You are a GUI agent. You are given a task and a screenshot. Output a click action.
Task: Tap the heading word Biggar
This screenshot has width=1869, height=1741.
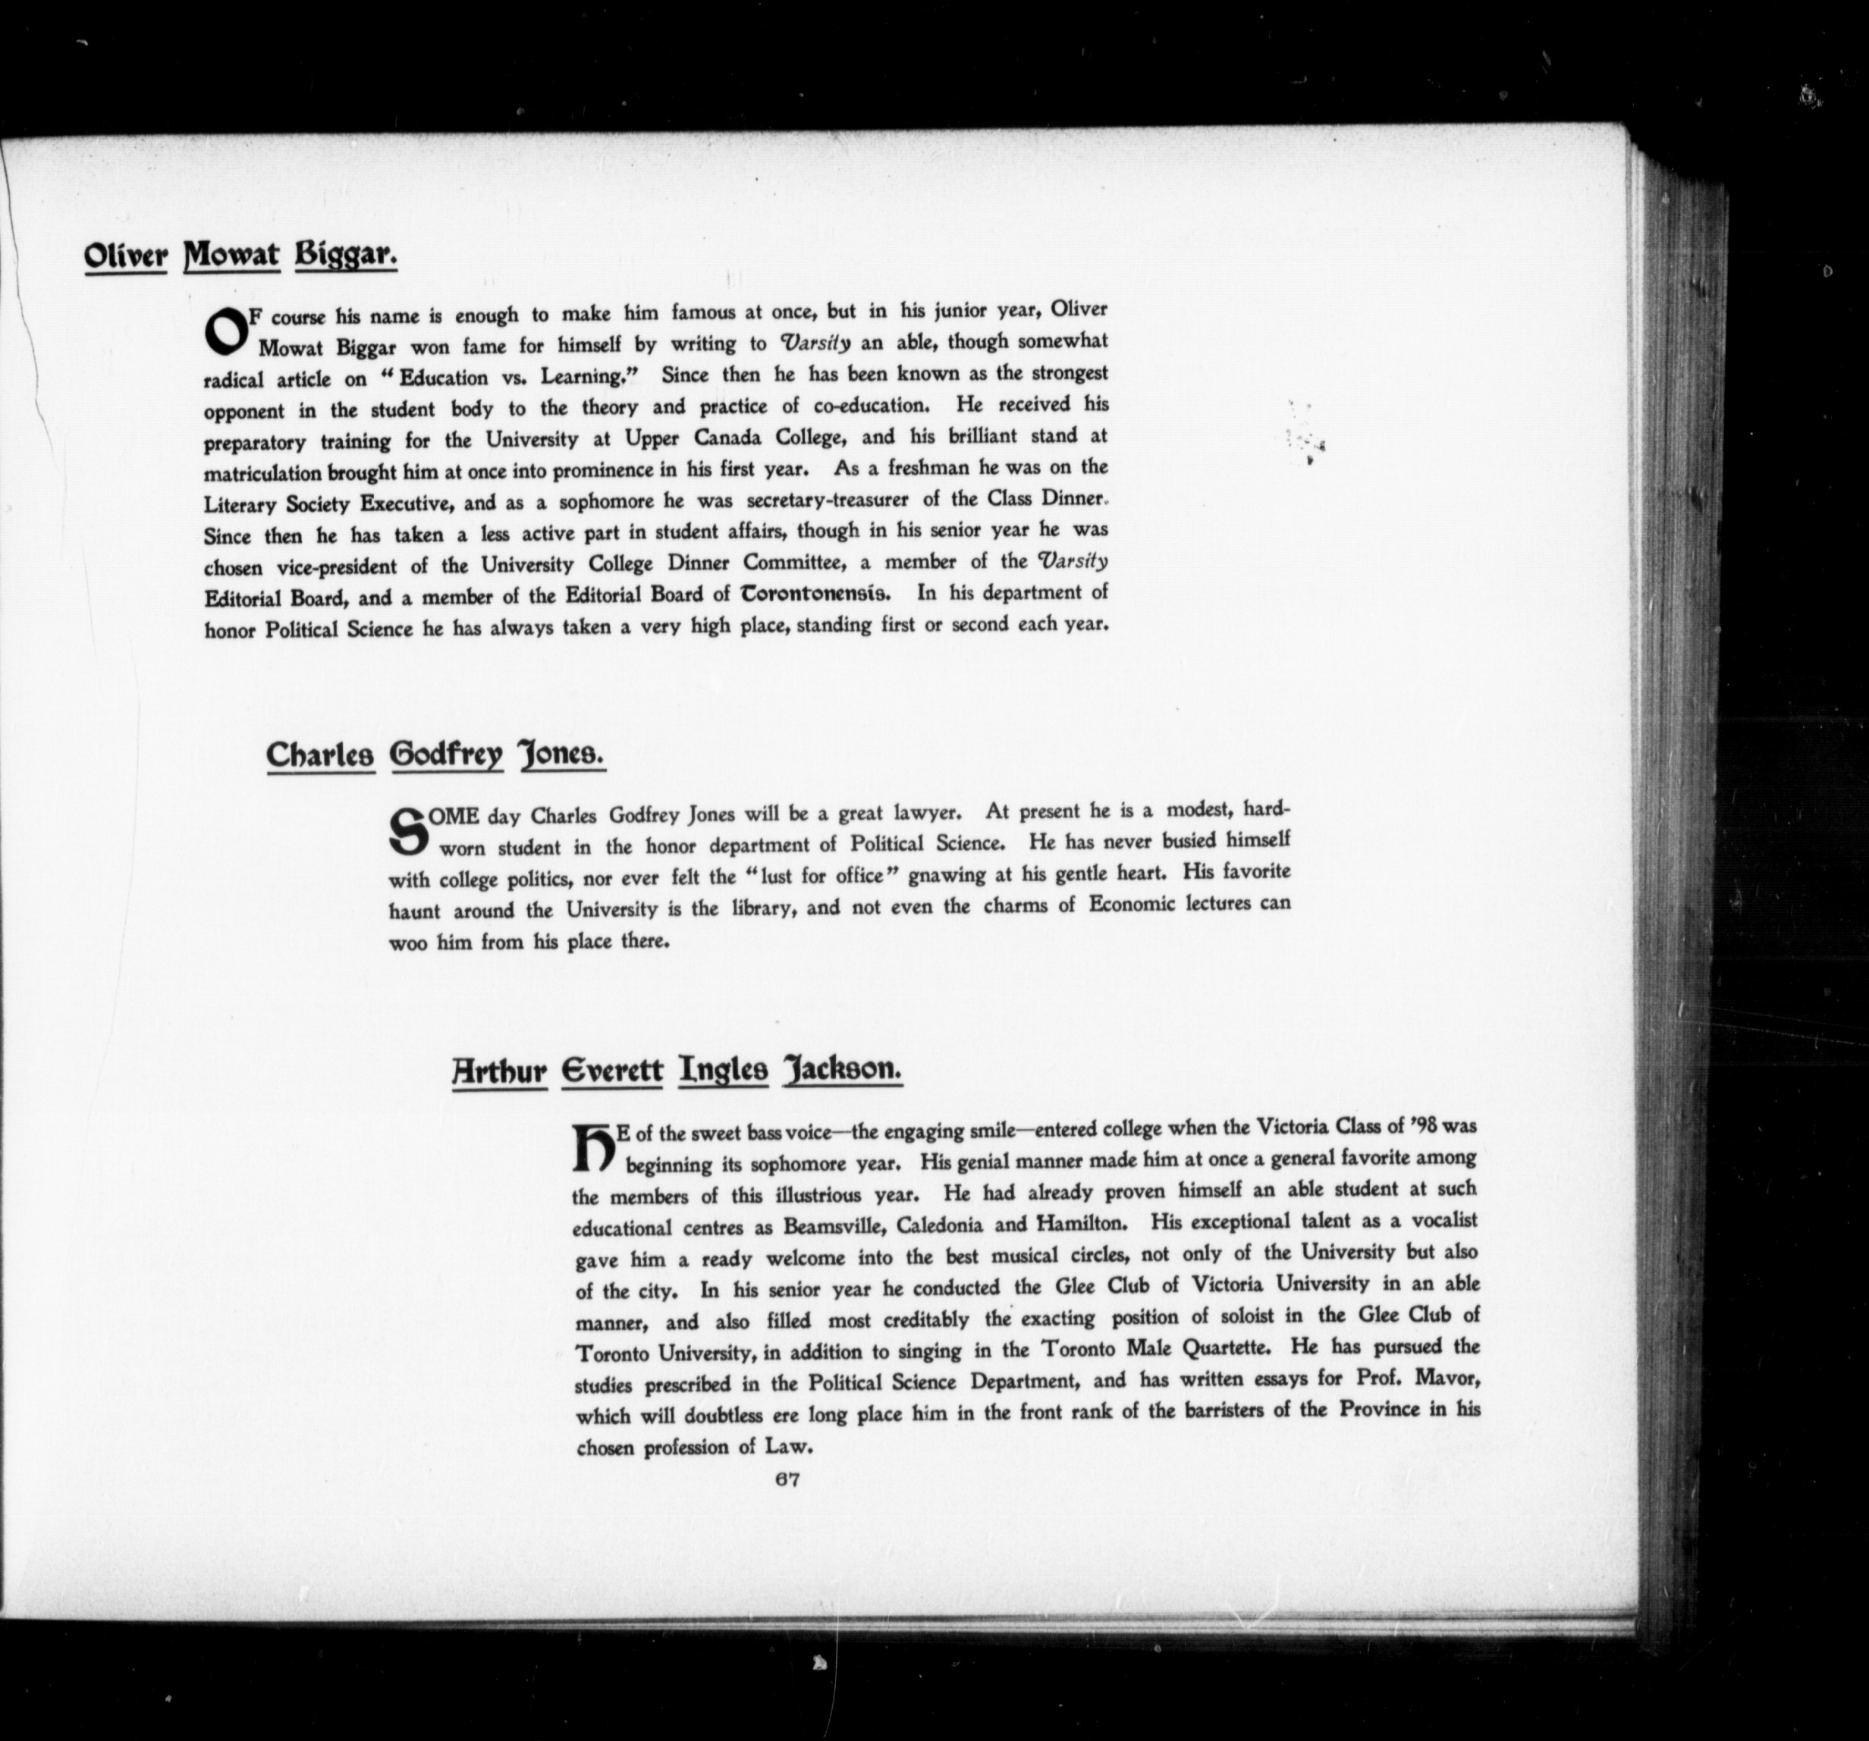click(345, 256)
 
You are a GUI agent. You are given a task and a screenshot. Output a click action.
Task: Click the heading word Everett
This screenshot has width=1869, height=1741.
click(611, 1070)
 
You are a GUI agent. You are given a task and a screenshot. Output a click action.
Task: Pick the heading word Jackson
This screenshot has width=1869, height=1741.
click(843, 1070)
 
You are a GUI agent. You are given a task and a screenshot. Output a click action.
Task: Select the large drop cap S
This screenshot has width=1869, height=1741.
click(407, 831)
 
